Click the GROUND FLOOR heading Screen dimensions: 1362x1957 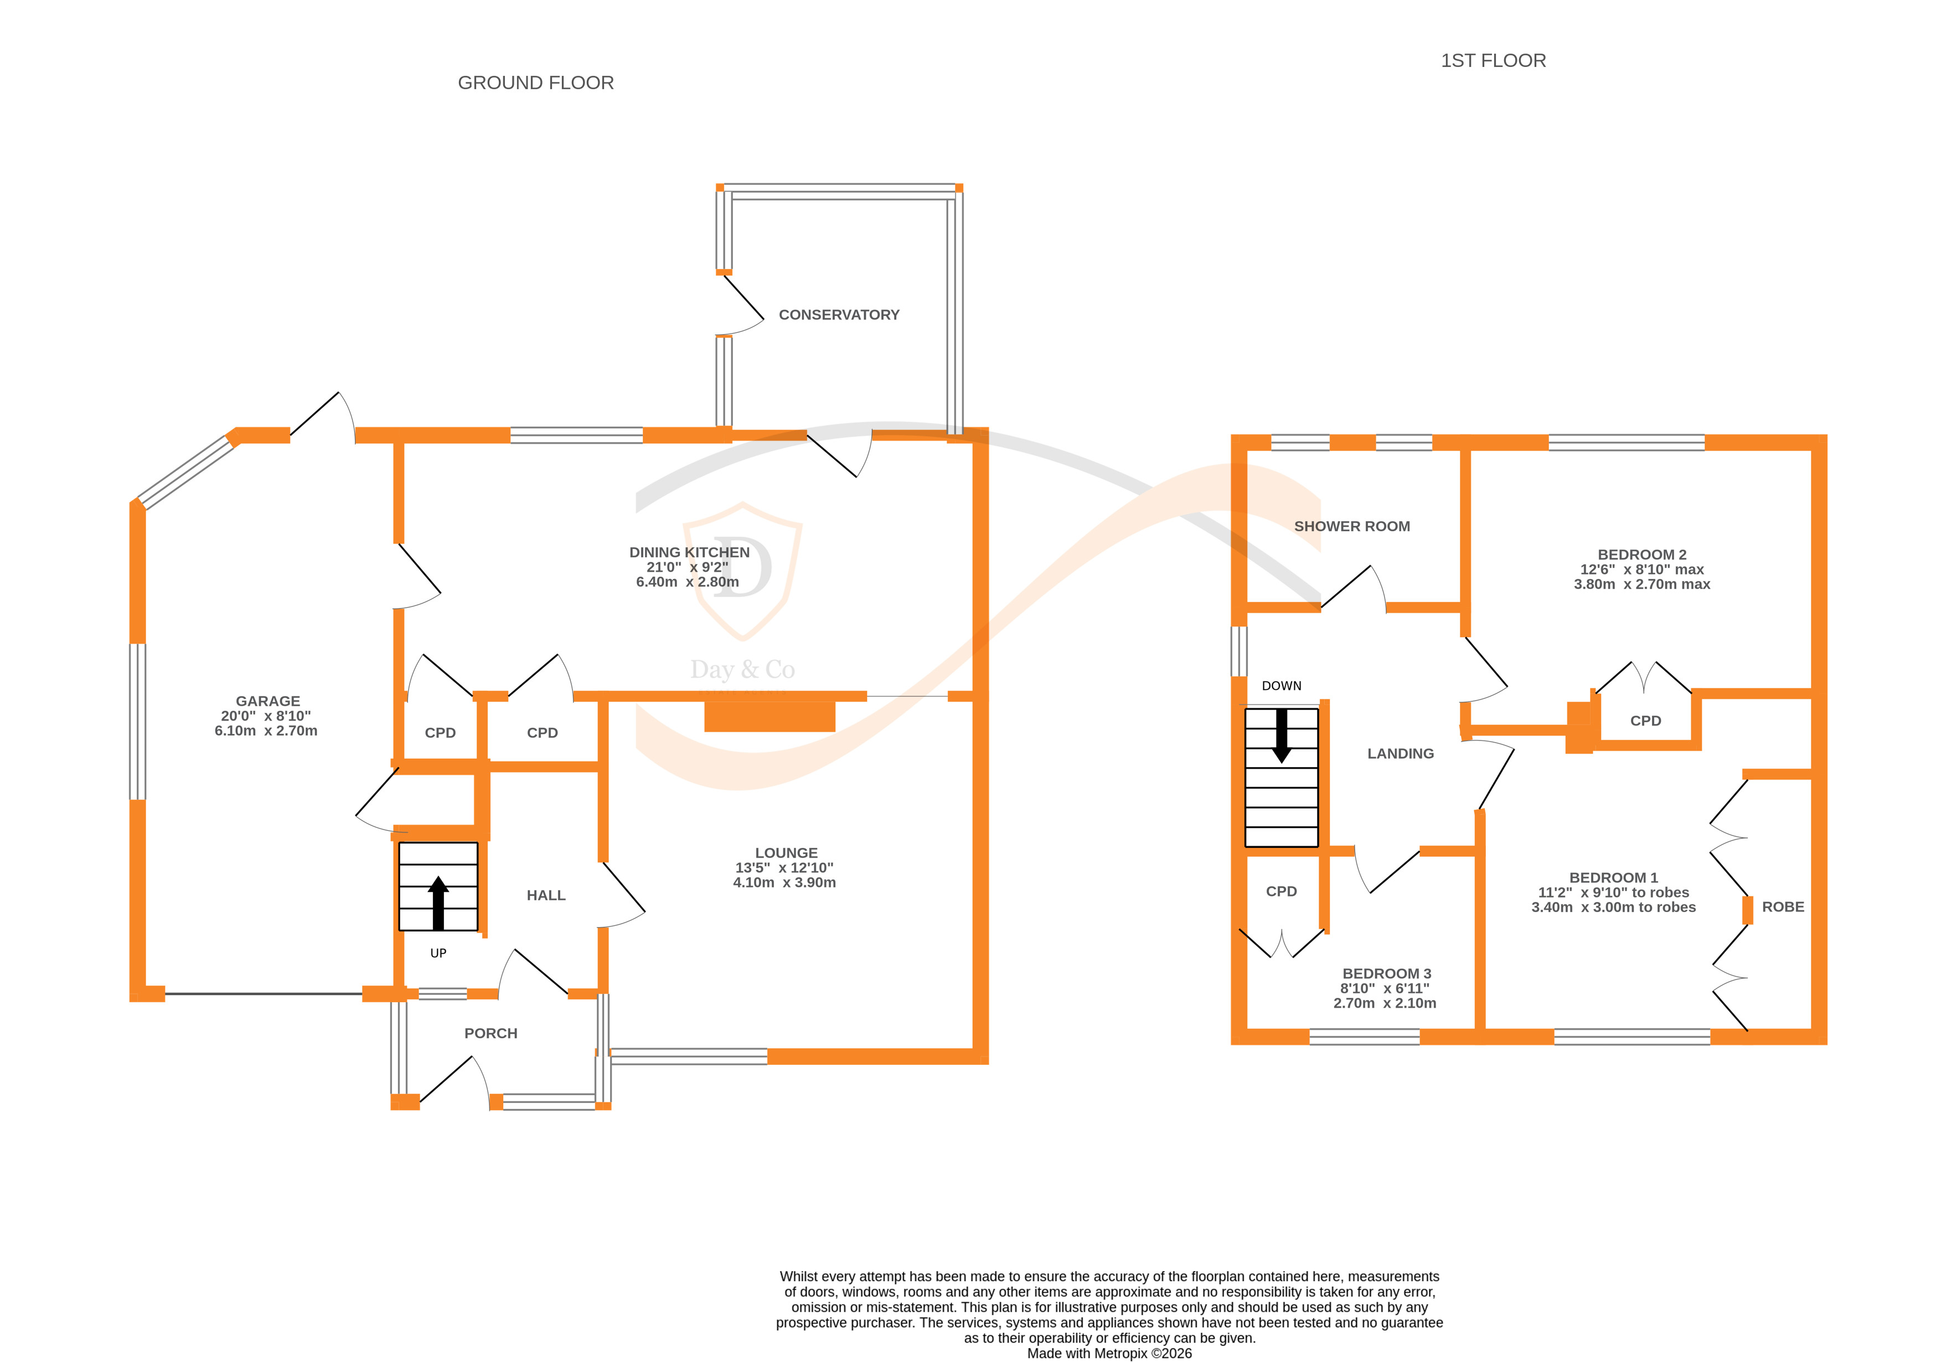coord(535,82)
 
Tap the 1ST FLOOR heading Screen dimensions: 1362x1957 coord(1493,60)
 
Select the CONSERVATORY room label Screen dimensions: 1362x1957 coord(839,314)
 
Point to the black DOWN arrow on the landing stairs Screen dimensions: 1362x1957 coord(1281,736)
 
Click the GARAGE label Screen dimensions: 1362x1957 coord(267,701)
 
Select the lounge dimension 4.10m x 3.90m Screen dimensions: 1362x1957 coord(784,882)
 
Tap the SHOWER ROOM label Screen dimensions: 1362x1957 coord(1352,526)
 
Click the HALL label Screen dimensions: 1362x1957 coord(545,894)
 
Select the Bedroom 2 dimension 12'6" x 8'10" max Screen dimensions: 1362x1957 coord(1641,569)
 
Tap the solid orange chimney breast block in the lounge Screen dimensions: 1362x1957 coord(769,716)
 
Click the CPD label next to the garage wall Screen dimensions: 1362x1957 coord(440,732)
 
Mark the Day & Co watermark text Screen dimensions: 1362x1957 coord(742,669)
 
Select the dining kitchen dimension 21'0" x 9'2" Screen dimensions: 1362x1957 coord(687,567)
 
